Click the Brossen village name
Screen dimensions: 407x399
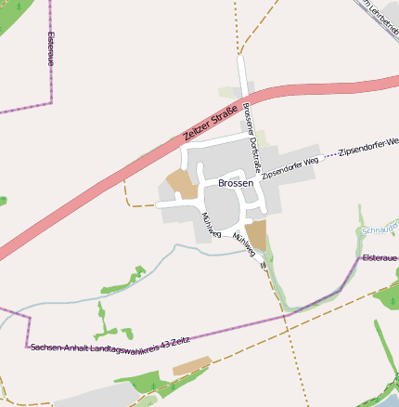point(236,184)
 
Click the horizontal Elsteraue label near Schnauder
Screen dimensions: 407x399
point(380,257)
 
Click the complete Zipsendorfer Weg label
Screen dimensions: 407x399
point(290,168)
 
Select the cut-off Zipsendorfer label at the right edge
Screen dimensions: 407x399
point(368,147)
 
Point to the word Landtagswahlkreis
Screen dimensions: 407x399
point(125,347)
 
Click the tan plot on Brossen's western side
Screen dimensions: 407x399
point(182,184)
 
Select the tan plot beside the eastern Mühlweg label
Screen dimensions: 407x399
point(256,235)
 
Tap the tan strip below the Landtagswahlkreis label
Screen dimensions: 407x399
point(191,365)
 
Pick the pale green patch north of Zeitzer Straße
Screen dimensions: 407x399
point(229,93)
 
